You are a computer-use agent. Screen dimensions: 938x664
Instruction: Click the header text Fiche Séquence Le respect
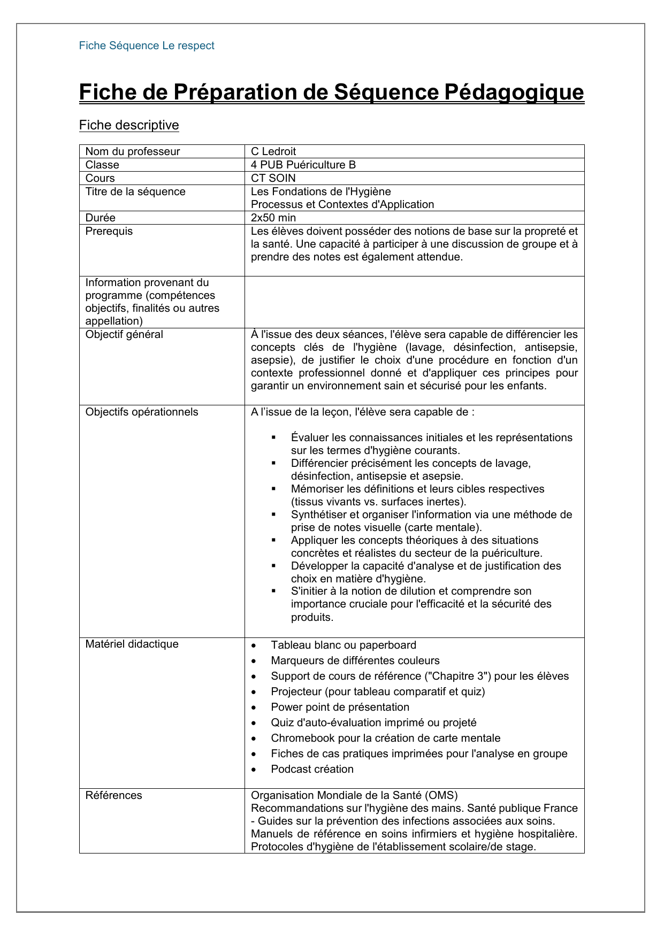(147, 46)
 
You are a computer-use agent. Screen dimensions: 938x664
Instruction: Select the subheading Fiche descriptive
(129, 125)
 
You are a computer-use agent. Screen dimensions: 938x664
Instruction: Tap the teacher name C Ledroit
(273, 151)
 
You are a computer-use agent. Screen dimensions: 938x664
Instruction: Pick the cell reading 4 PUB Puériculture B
(303, 165)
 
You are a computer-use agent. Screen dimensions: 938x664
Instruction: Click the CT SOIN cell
(273, 178)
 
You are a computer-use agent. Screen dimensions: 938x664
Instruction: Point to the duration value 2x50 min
(273, 218)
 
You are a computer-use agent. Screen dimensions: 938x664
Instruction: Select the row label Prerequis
(109, 231)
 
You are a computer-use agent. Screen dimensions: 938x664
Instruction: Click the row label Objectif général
(124, 334)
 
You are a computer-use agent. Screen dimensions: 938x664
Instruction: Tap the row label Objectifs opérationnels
(142, 412)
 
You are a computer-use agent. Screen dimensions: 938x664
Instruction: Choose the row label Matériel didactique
(132, 644)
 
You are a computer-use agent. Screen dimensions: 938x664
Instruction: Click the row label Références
(114, 795)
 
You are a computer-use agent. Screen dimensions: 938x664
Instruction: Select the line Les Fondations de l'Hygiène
(321, 191)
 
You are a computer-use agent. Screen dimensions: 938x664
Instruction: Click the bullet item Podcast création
(312, 769)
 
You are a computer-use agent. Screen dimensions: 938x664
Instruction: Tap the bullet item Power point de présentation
(340, 707)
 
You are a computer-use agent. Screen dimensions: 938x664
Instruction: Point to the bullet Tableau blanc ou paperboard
(344, 645)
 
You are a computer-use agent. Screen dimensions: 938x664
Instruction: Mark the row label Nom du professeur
(133, 151)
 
